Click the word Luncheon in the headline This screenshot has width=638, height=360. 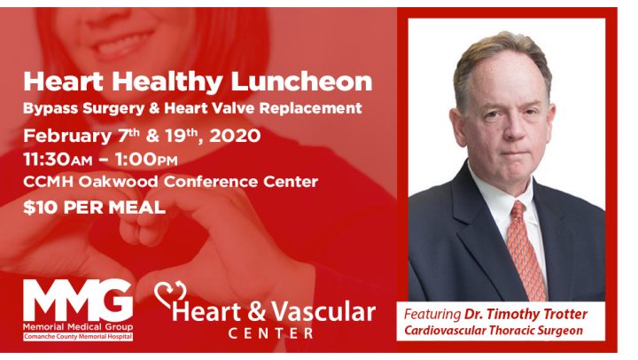coord(301,82)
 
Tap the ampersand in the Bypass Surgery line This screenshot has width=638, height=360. coord(154,108)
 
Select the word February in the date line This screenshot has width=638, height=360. coord(67,137)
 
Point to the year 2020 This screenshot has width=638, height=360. coord(235,136)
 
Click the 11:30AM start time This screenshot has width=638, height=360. coord(58,160)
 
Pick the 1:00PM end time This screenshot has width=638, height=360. coord(145,160)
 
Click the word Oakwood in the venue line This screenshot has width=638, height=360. coord(119,181)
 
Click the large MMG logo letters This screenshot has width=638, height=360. coord(78,301)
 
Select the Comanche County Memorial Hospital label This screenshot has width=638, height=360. coord(78,337)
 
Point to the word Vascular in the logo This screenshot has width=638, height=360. coord(323,312)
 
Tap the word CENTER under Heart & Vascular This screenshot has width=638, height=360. coord(270,333)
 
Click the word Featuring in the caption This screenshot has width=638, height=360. coord(432,315)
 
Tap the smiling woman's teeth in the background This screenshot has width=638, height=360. coord(121,44)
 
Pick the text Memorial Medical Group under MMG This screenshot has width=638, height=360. coord(78,326)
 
